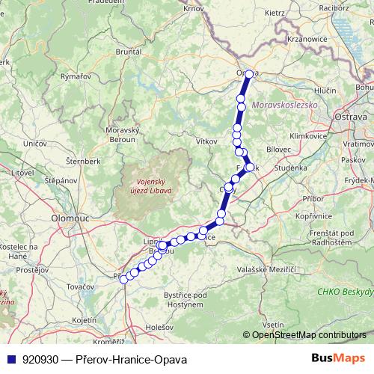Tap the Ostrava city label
pos(349,117)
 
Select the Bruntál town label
pos(129,53)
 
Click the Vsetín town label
pos(274,325)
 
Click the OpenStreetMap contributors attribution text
pos(309,335)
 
